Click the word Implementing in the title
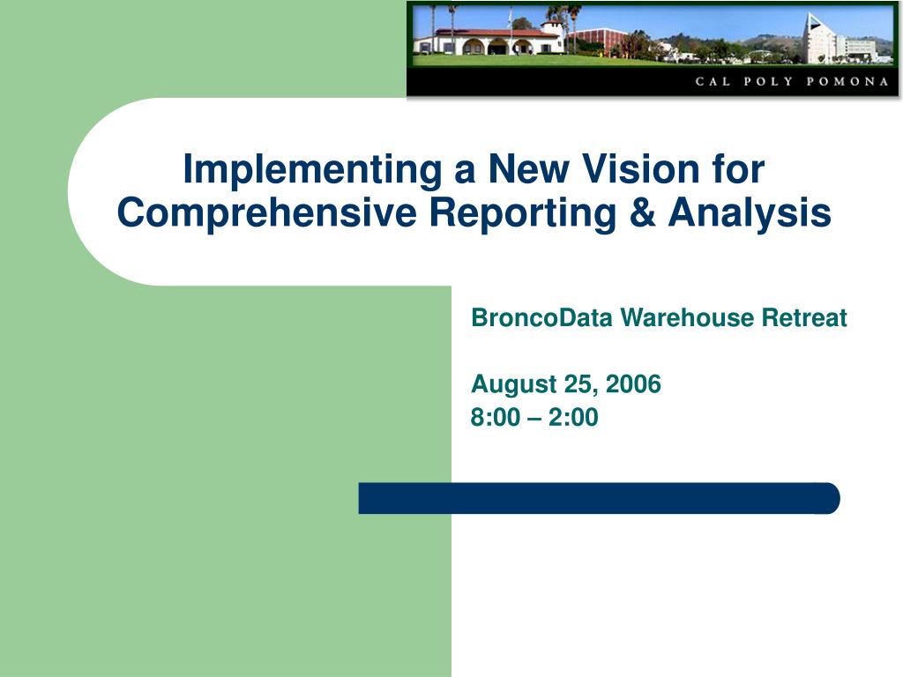pos(312,170)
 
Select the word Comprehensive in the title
pos(266,213)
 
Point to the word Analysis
pos(750,213)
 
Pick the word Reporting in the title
pos(523,213)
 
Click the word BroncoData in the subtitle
pos(541,317)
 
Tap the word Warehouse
pos(687,317)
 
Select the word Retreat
pos(804,317)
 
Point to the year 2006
pos(633,384)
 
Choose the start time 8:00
pos(496,417)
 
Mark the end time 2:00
pos(573,417)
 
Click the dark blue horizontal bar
pos(599,498)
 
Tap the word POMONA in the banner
pos(847,81)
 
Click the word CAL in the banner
pos(713,81)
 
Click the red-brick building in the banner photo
pos(598,41)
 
